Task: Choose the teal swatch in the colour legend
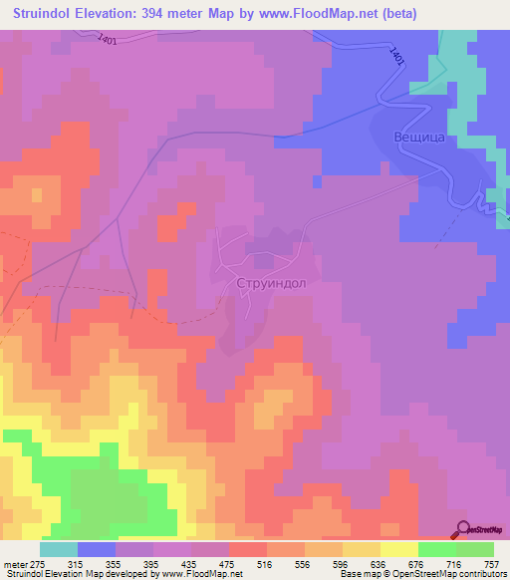pyautogui.click(x=59, y=549)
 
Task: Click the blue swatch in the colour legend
pyautogui.click(x=97, y=549)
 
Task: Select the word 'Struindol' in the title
pyautogui.click(x=46, y=13)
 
